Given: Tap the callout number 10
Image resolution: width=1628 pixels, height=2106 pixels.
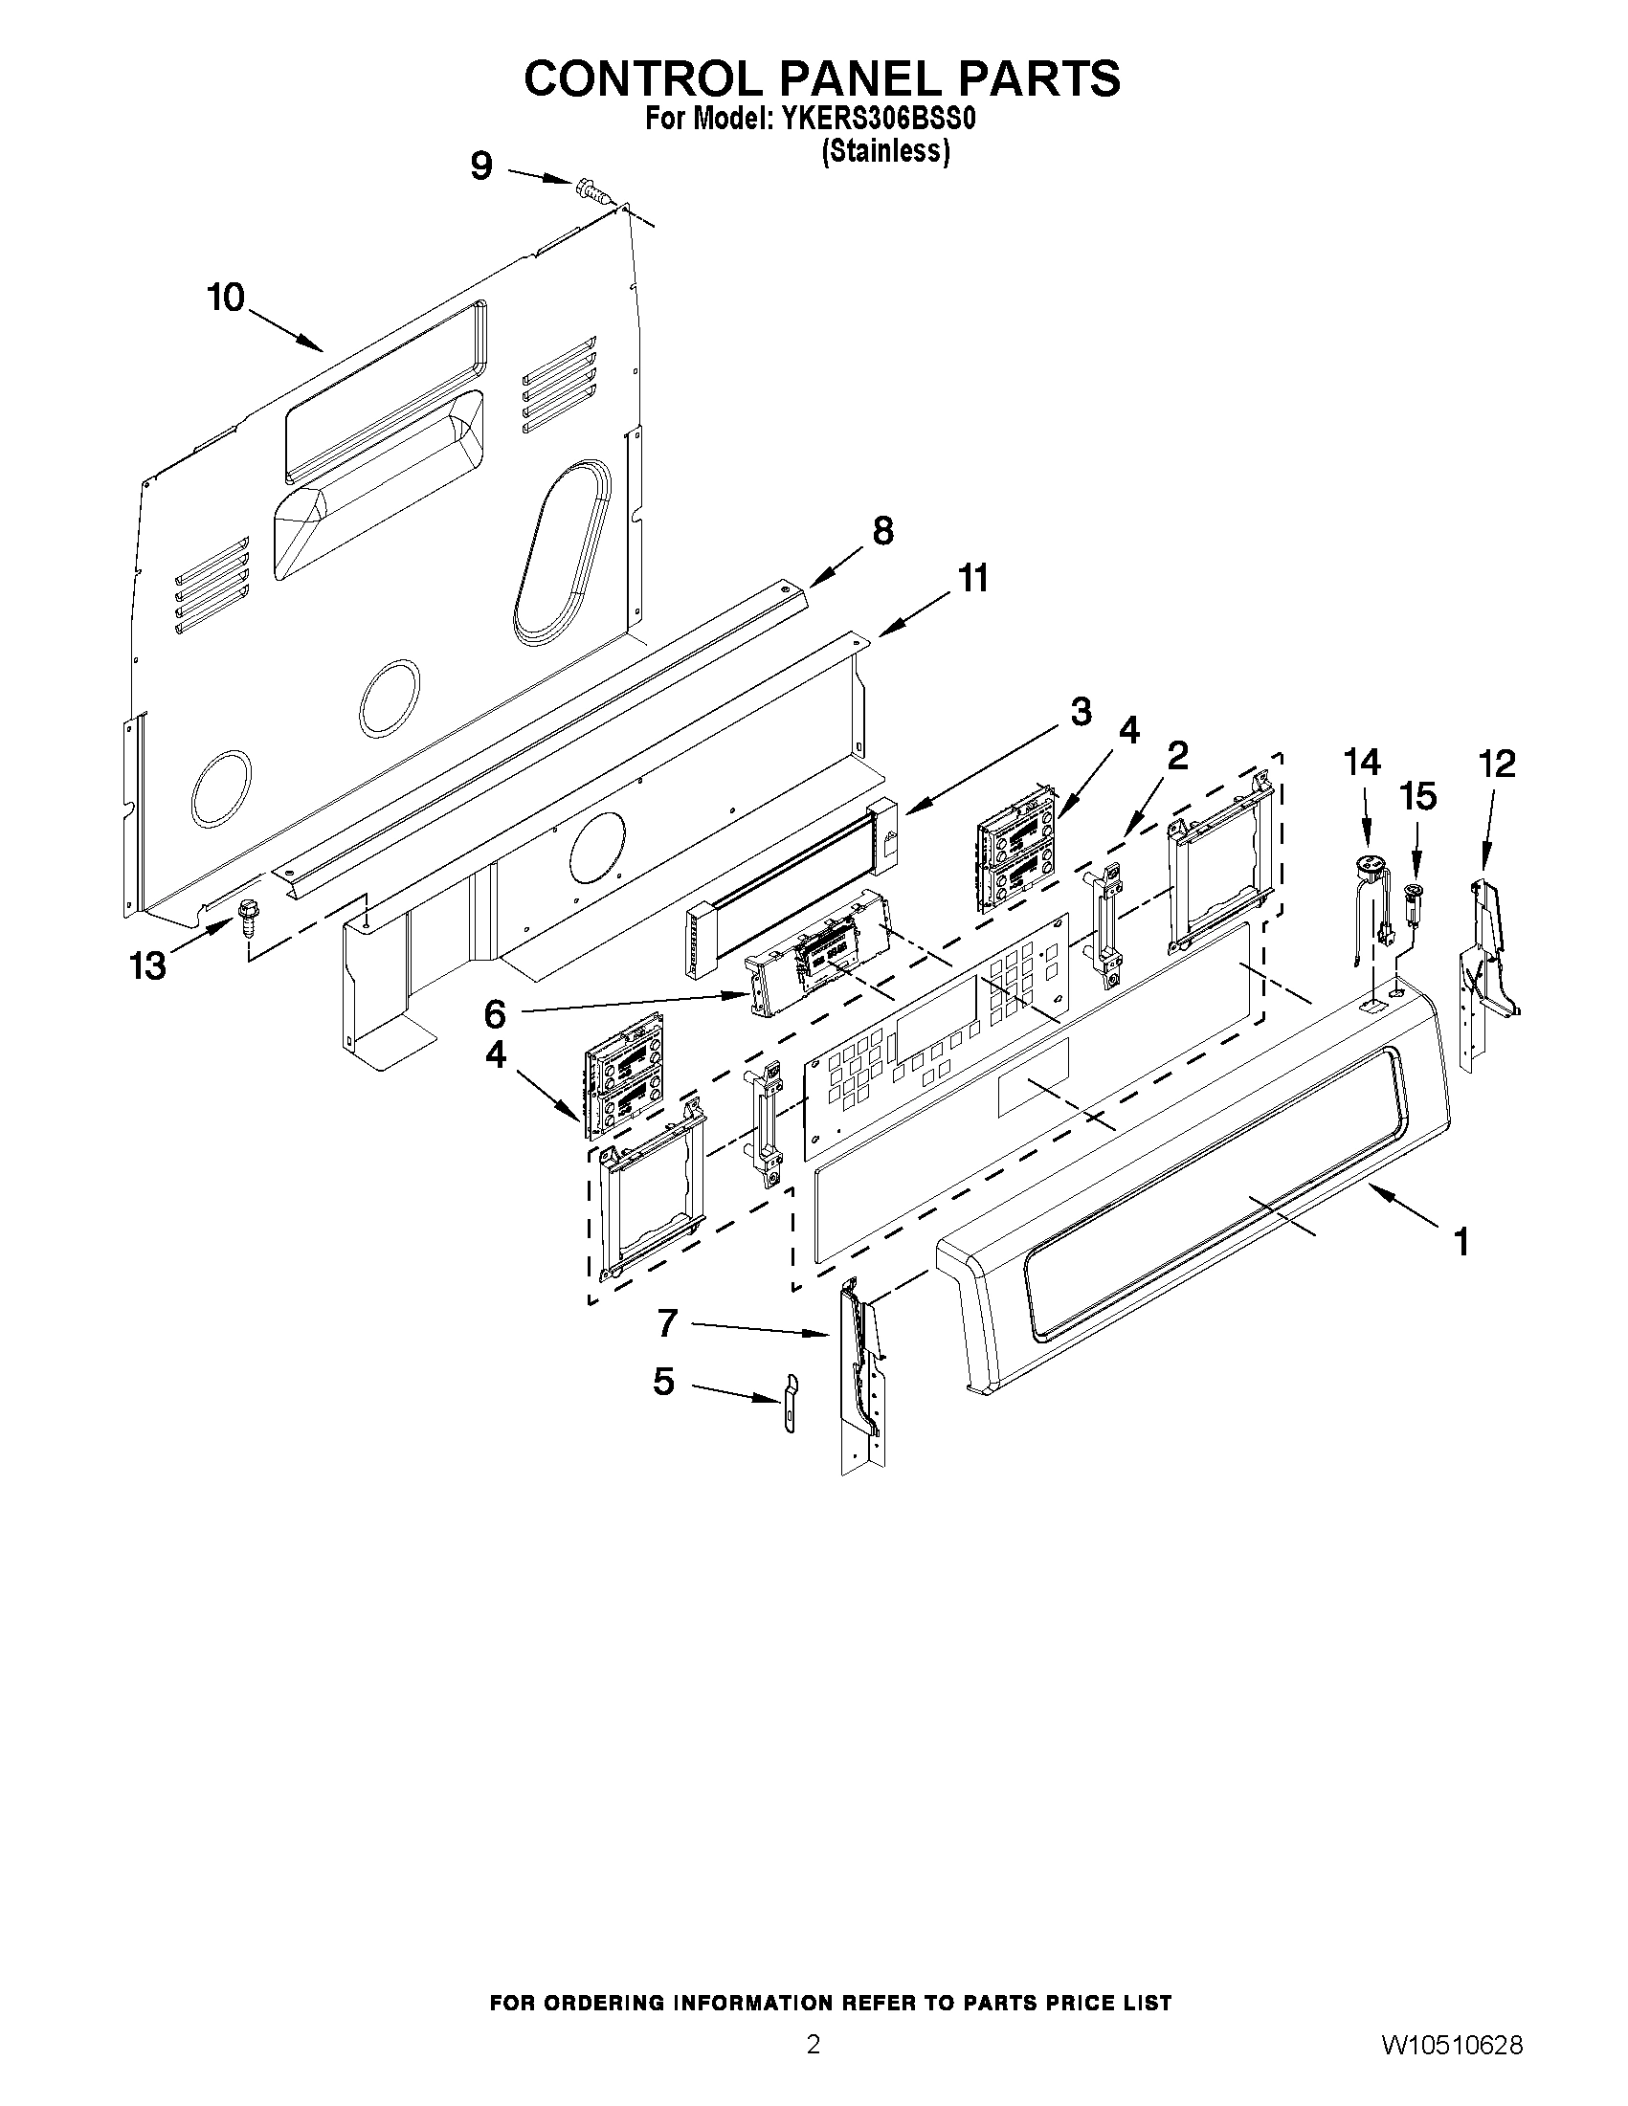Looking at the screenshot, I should pyautogui.click(x=226, y=298).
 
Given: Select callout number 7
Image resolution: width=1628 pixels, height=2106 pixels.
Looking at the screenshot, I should pyautogui.click(x=667, y=1324).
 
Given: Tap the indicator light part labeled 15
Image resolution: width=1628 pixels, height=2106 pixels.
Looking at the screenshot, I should pyautogui.click(x=1415, y=897).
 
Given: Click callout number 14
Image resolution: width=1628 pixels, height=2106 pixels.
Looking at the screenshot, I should pyautogui.click(x=1362, y=763).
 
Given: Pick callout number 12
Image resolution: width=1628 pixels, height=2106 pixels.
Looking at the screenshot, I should pyautogui.click(x=1497, y=764).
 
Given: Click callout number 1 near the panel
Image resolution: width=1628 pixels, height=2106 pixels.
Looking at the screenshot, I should pyautogui.click(x=1461, y=1242).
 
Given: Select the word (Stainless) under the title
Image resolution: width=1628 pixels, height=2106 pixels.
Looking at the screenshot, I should pyautogui.click(x=885, y=151).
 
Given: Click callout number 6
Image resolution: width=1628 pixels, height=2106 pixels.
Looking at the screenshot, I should pyautogui.click(x=494, y=1014).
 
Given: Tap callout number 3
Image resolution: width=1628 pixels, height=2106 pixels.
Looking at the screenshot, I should pyautogui.click(x=1081, y=712).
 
